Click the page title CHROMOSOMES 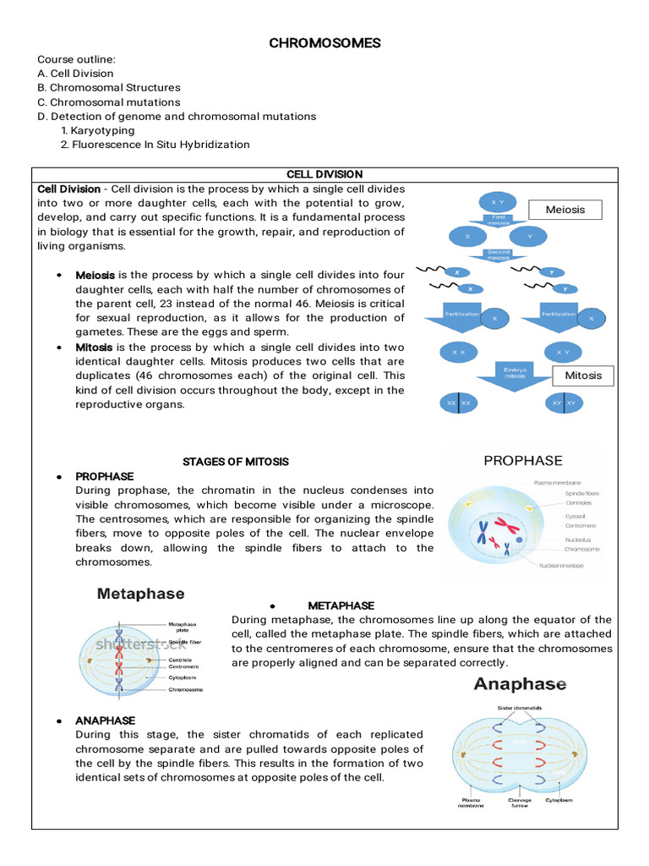click(x=324, y=42)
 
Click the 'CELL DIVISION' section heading click(x=324, y=174)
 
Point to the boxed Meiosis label click(x=565, y=210)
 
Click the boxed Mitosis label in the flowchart click(x=583, y=375)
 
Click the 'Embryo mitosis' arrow click(x=515, y=373)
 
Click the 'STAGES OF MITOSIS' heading click(x=236, y=462)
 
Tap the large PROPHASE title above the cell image click(x=522, y=461)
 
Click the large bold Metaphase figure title click(x=141, y=594)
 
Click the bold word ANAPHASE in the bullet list click(x=105, y=721)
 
